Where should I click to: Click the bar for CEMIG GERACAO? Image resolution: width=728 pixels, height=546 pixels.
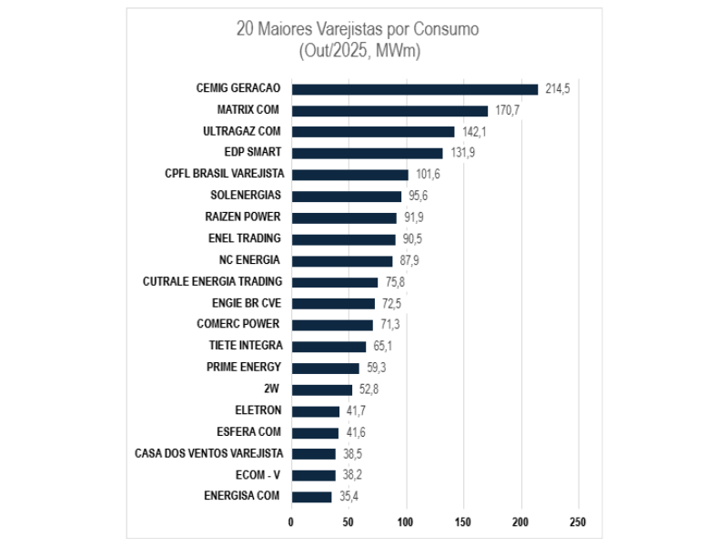[414, 89]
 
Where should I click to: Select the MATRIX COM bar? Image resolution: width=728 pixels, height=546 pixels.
[389, 111]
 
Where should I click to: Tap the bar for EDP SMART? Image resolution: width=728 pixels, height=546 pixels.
[367, 154]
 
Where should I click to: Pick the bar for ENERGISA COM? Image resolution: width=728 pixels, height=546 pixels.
[311, 497]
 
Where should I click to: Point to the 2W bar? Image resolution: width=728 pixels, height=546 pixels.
[321, 389]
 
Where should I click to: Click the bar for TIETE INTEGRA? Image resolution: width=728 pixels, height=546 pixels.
[329, 347]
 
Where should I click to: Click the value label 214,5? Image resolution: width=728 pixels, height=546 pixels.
[557, 89]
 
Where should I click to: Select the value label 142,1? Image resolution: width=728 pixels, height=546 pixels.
[474, 132]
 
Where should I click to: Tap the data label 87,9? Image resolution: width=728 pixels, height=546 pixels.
[408, 261]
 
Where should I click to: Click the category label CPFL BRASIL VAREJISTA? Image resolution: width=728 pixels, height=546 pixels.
[224, 174]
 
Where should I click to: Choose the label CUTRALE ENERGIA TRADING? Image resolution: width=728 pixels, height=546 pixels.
[212, 282]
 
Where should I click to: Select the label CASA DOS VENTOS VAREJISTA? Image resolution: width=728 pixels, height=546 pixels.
[208, 453]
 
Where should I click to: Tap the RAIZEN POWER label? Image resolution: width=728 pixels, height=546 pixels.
[243, 217]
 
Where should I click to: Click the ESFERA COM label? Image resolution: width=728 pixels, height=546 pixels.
[248, 432]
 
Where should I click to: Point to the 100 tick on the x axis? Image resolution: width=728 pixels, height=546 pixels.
[405, 523]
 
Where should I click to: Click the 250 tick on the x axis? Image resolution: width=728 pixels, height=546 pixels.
[577, 523]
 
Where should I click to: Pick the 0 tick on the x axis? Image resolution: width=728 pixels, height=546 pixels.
[291, 523]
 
